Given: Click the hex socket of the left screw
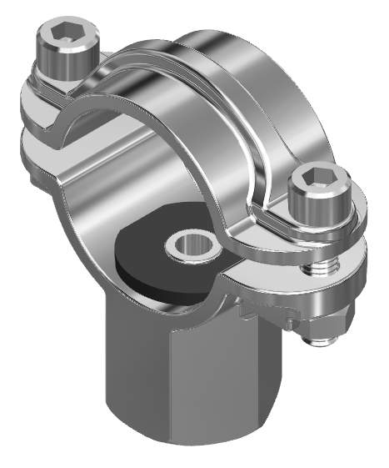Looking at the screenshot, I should point(62,34).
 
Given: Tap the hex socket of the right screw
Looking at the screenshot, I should point(313,178).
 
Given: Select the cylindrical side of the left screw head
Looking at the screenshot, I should point(61,63).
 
